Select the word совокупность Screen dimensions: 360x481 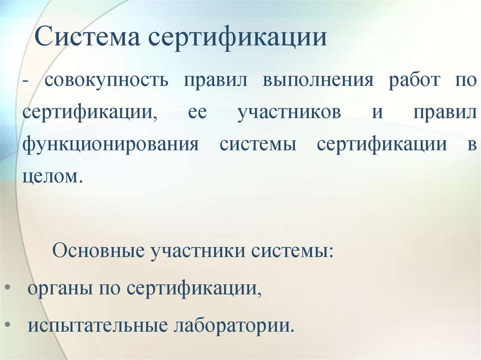click(107, 80)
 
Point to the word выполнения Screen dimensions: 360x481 click(318, 80)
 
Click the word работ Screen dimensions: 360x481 click(414, 80)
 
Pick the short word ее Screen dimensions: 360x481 click(197, 114)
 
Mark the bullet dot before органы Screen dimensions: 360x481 click(10, 287)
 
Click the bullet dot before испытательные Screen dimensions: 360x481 click(10, 324)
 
